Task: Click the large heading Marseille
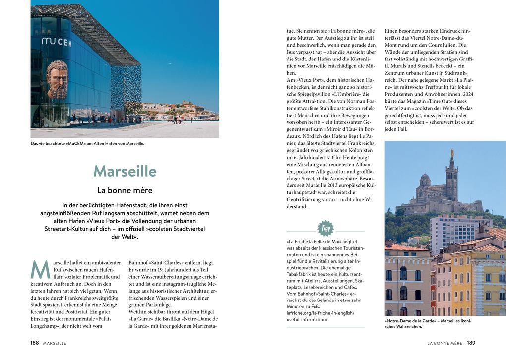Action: click(x=125, y=171)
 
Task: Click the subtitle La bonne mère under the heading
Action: click(x=125, y=190)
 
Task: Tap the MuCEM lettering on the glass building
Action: click(x=56, y=42)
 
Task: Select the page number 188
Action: click(x=35, y=343)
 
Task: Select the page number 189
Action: click(x=471, y=343)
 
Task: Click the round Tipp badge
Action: click(x=326, y=228)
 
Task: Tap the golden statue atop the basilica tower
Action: click(x=451, y=154)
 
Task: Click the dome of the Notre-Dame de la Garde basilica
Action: click(x=425, y=177)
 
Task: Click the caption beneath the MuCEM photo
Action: click(x=87, y=144)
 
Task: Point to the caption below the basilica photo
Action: click(x=428, y=324)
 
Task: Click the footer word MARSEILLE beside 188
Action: click(x=55, y=343)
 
